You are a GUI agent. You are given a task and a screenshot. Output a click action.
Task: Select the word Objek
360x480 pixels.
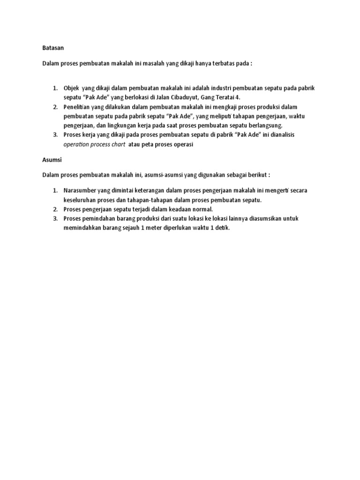pos(71,89)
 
